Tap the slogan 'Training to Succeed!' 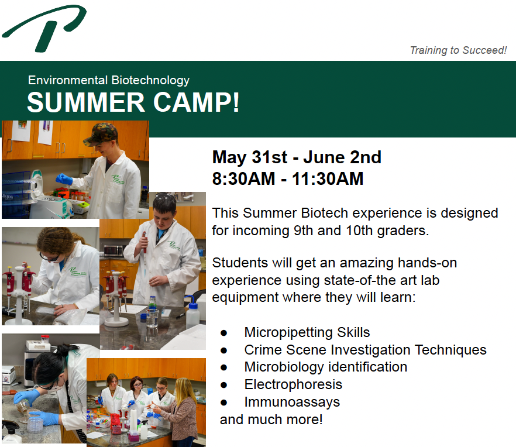click(458, 50)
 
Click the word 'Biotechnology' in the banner click(150, 80)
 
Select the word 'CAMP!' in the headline click(196, 102)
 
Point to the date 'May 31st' click(250, 157)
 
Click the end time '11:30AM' click(328, 178)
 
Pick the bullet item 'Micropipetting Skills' click(307, 332)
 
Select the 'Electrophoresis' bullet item click(293, 384)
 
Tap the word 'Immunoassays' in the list click(292, 402)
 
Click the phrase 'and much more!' click(271, 420)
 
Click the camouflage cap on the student click(100, 134)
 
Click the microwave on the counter click(113, 251)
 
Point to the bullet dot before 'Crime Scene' click(223, 350)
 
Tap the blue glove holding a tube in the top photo click(64, 179)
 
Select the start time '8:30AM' click(243, 178)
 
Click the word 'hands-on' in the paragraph click(427, 263)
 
